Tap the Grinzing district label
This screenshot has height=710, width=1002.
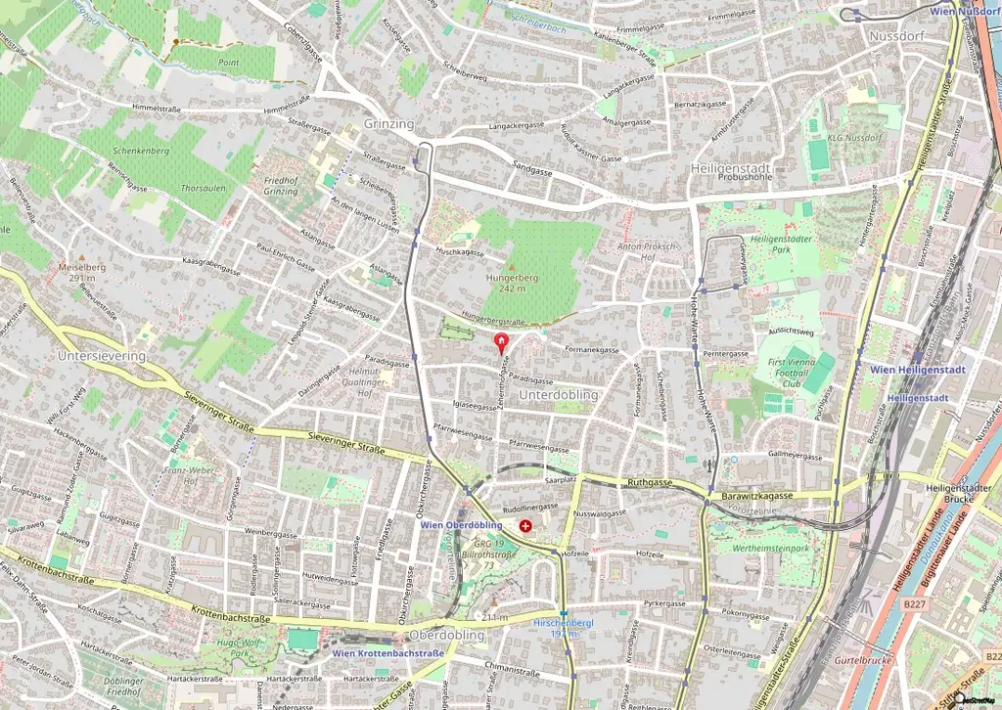coord(388,125)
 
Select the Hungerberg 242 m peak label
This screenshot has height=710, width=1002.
coord(512,283)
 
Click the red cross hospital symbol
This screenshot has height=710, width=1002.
coord(525,526)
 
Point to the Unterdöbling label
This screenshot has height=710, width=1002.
coord(558,394)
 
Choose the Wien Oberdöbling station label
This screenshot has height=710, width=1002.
coord(461,524)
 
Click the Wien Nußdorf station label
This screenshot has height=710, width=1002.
coord(964,11)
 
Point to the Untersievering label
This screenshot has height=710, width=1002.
coord(102,356)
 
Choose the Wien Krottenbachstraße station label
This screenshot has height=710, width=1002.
coord(387,652)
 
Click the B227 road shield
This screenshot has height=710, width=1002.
coord(915,605)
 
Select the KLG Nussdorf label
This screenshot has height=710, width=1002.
coord(847,138)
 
